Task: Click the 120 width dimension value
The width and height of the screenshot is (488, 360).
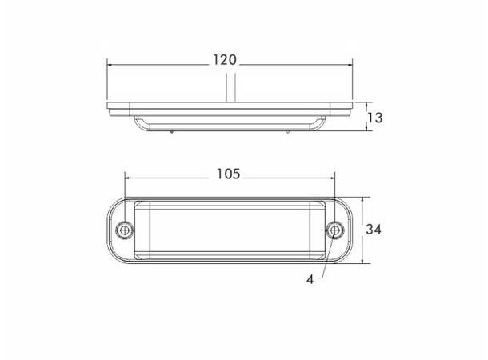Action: pos(225,60)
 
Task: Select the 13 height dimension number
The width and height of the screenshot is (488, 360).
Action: pos(375,118)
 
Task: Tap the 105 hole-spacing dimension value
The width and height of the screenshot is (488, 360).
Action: pos(229,174)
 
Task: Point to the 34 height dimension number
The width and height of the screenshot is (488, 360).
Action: pos(374,230)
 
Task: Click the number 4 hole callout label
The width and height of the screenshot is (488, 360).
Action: pos(310,280)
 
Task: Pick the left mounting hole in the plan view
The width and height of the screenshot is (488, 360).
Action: pos(125,230)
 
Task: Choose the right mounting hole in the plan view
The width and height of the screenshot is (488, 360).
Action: pos(335,230)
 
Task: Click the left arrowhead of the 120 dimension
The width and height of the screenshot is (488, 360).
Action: pos(110,65)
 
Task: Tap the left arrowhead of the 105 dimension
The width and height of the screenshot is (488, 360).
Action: pos(128,178)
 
